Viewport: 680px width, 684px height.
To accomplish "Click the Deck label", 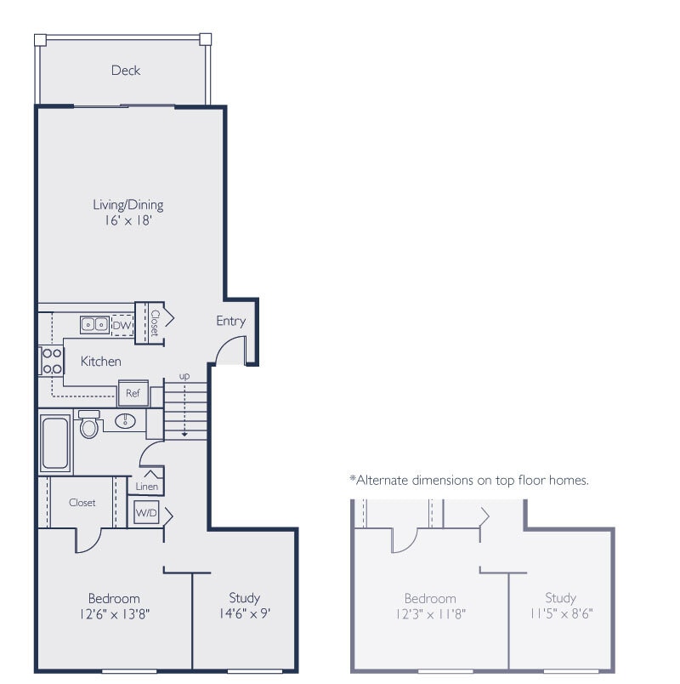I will pos(126,71).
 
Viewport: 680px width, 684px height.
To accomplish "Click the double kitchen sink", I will pos(94,324).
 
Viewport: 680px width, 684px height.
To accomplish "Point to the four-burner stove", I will pos(52,361).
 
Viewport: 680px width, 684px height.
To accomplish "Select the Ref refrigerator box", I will pos(133,393).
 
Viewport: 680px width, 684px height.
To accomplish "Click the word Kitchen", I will pos(100,362).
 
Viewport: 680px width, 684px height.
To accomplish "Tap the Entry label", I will pos(230,321).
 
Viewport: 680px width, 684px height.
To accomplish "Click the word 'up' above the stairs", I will pos(184,375).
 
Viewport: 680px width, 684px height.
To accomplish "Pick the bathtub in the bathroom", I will pos(55,442).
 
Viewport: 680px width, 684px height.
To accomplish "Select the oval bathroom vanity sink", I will pos(125,421).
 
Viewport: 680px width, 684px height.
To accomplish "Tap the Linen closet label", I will pos(148,486).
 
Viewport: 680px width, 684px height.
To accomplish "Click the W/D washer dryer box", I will pos(145,514).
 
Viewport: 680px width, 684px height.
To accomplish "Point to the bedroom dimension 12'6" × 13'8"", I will pos(114,613).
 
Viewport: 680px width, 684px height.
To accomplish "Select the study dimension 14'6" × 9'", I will pos(244,613).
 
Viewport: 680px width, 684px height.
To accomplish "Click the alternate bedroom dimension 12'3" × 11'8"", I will pos(430,613).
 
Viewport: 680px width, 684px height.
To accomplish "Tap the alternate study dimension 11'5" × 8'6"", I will pos(560,613).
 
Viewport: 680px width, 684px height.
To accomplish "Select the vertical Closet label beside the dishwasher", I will pos(155,322).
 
